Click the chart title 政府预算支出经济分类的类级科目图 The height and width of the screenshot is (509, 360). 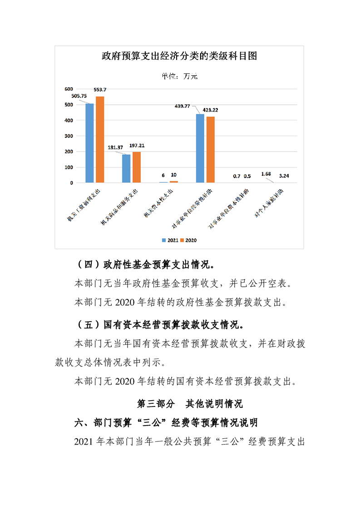point(179,56)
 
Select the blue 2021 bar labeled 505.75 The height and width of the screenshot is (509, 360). point(90,143)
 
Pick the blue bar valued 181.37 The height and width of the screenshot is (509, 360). point(126,168)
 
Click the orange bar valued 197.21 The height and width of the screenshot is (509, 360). point(137,167)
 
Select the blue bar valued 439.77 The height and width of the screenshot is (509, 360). point(200,148)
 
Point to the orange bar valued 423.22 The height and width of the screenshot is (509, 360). point(210,150)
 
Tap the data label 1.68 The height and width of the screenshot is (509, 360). point(266,173)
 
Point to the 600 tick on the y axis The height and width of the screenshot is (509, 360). point(69,89)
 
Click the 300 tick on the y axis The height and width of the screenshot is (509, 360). point(69,136)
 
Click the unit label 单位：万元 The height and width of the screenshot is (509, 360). point(179,76)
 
